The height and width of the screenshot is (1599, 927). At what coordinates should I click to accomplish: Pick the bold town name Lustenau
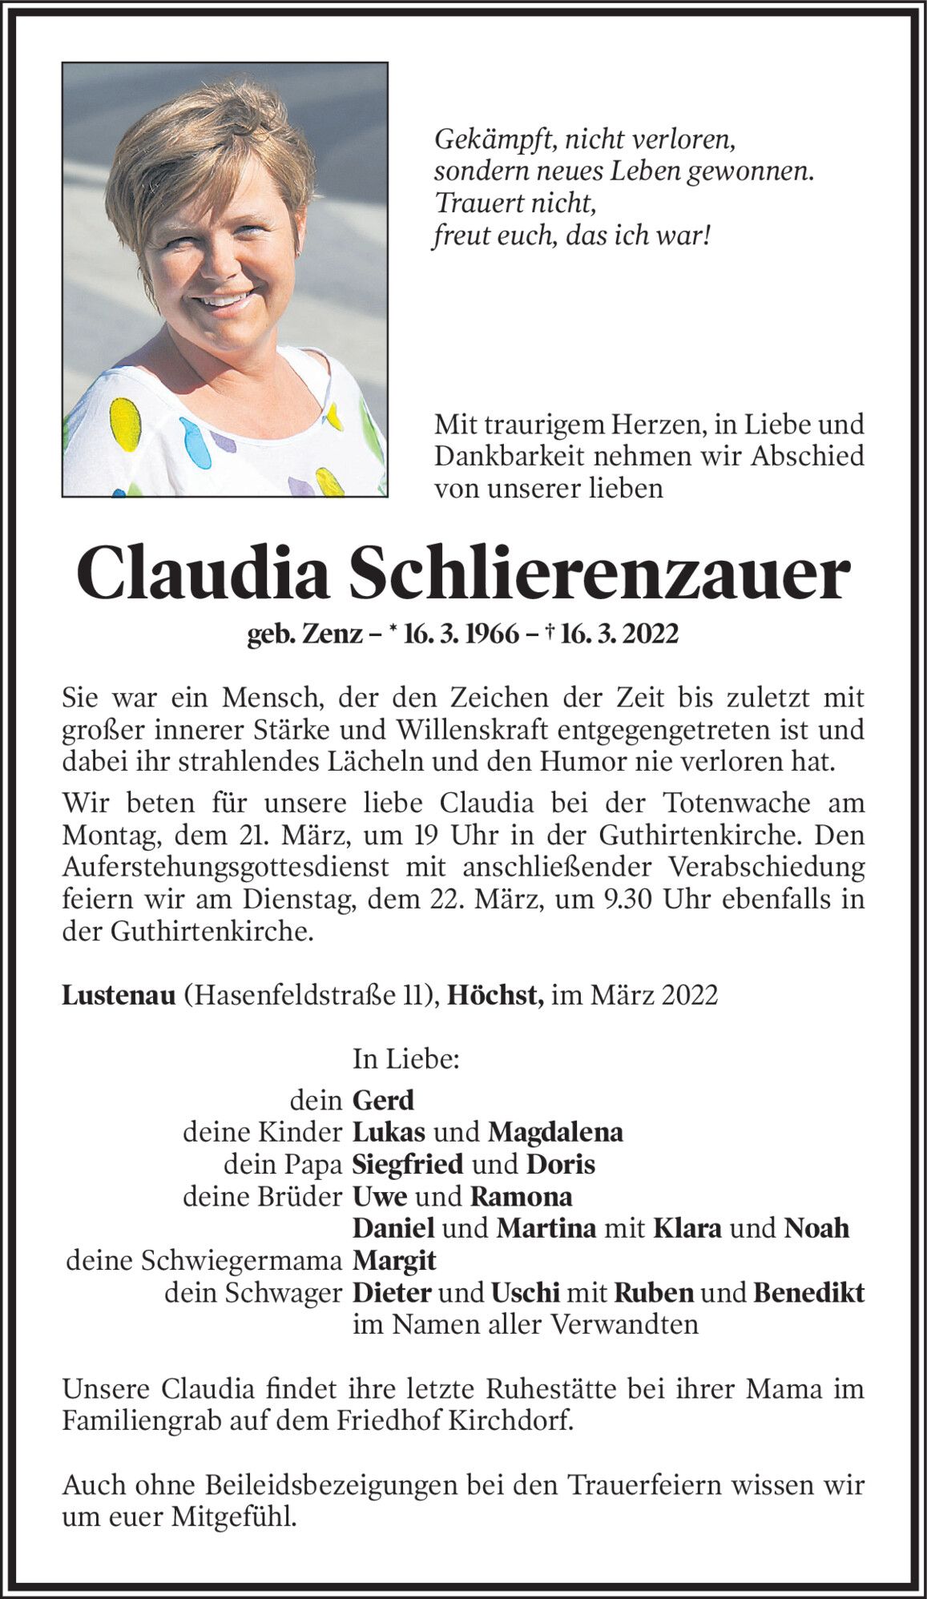[x=118, y=995]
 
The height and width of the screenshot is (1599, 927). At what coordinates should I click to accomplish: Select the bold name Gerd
[x=383, y=1100]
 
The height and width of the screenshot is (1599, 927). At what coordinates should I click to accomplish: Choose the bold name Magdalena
[x=555, y=1132]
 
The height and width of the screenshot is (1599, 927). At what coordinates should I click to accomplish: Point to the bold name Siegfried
[x=408, y=1164]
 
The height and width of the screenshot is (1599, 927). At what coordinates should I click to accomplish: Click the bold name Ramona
[x=521, y=1197]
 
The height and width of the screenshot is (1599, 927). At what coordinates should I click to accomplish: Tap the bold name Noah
[x=816, y=1228]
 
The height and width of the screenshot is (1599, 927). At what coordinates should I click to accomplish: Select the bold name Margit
[x=394, y=1261]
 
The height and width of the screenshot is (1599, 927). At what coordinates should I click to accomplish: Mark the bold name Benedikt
[x=809, y=1293]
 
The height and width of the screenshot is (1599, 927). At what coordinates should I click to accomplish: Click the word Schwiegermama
[x=241, y=1261]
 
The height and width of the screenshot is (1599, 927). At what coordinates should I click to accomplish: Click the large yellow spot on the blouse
[x=125, y=424]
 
